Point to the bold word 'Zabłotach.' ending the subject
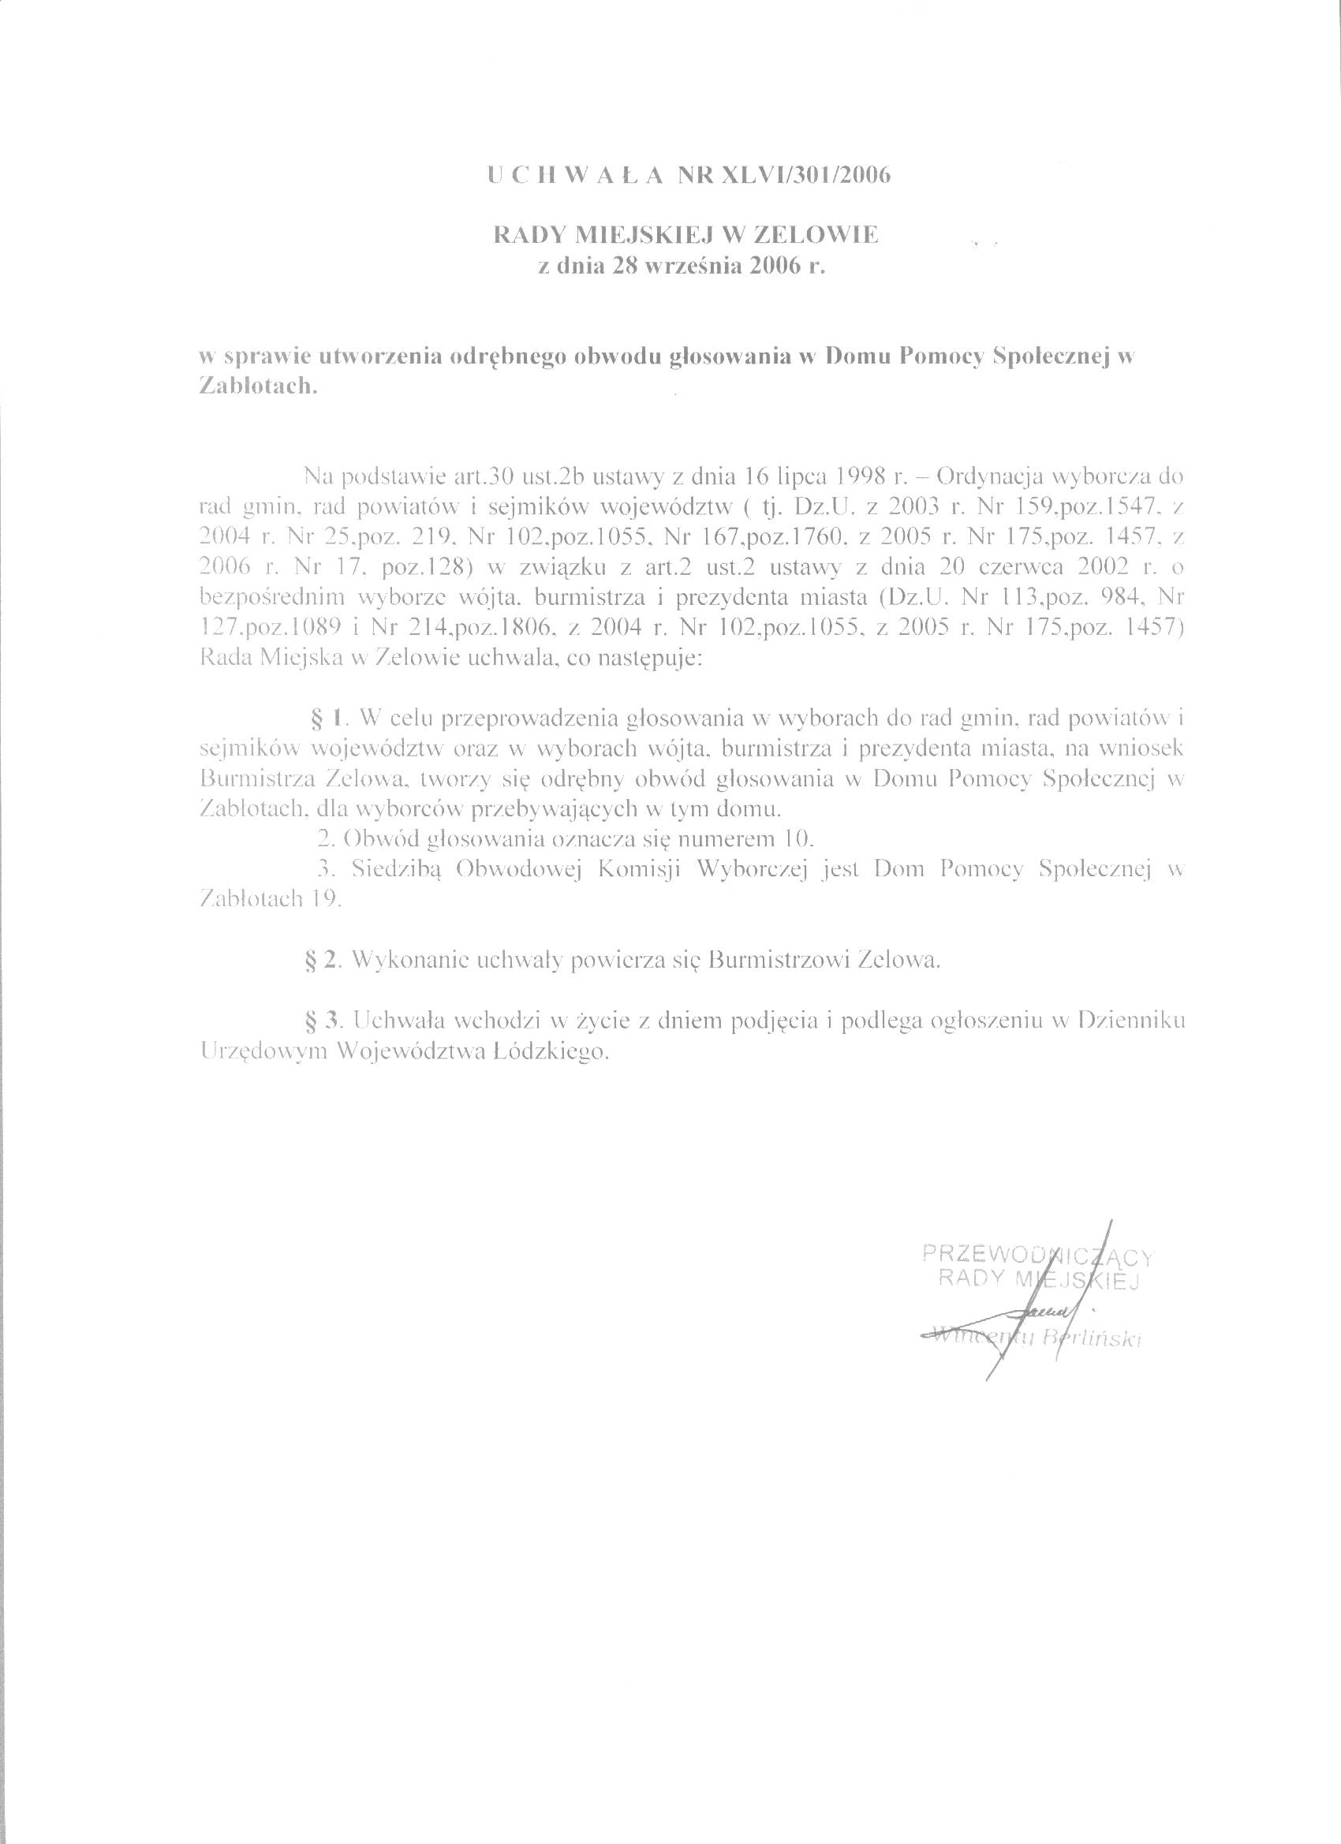(256, 387)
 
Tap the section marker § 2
(319, 959)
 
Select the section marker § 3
(319, 1020)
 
